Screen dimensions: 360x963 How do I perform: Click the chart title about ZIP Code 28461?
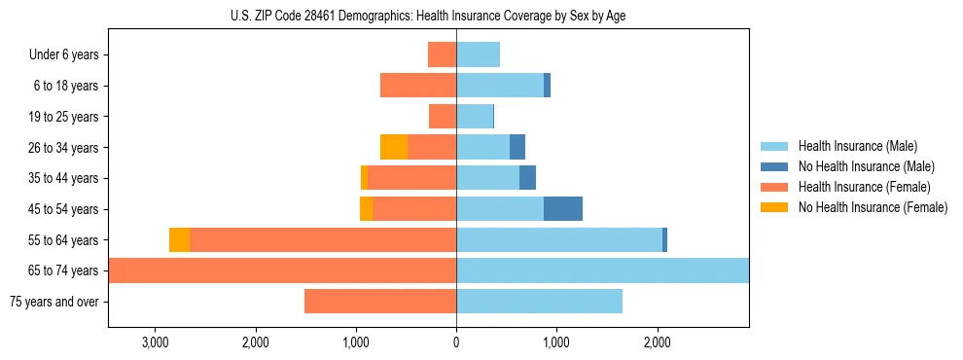[428, 16]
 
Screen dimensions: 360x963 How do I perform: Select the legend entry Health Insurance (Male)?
[855, 146]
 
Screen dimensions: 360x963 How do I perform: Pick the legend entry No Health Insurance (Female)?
[873, 207]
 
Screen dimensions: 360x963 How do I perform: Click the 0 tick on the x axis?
[456, 342]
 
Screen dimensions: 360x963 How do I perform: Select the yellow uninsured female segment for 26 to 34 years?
[394, 147]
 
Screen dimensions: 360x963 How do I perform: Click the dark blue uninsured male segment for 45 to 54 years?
[562, 208]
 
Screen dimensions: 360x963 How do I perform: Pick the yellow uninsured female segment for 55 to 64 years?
[179, 239]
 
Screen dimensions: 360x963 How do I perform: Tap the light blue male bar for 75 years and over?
[539, 302]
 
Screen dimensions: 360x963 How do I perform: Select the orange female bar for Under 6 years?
[443, 54]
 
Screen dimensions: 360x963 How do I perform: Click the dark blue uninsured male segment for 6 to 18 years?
[547, 86]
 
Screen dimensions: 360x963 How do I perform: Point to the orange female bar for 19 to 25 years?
[443, 116]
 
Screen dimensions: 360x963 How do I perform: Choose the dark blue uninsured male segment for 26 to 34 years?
[517, 147]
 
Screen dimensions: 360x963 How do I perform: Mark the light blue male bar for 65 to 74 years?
[602, 270]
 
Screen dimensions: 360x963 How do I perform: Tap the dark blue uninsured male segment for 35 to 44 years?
[527, 178]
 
